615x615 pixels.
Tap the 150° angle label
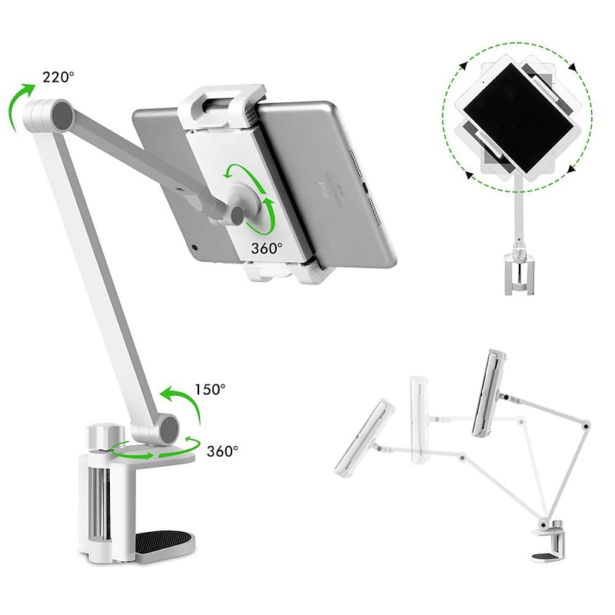210,390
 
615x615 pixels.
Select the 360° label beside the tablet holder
267,248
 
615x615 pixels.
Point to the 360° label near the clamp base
222,450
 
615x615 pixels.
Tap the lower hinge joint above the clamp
165,429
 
